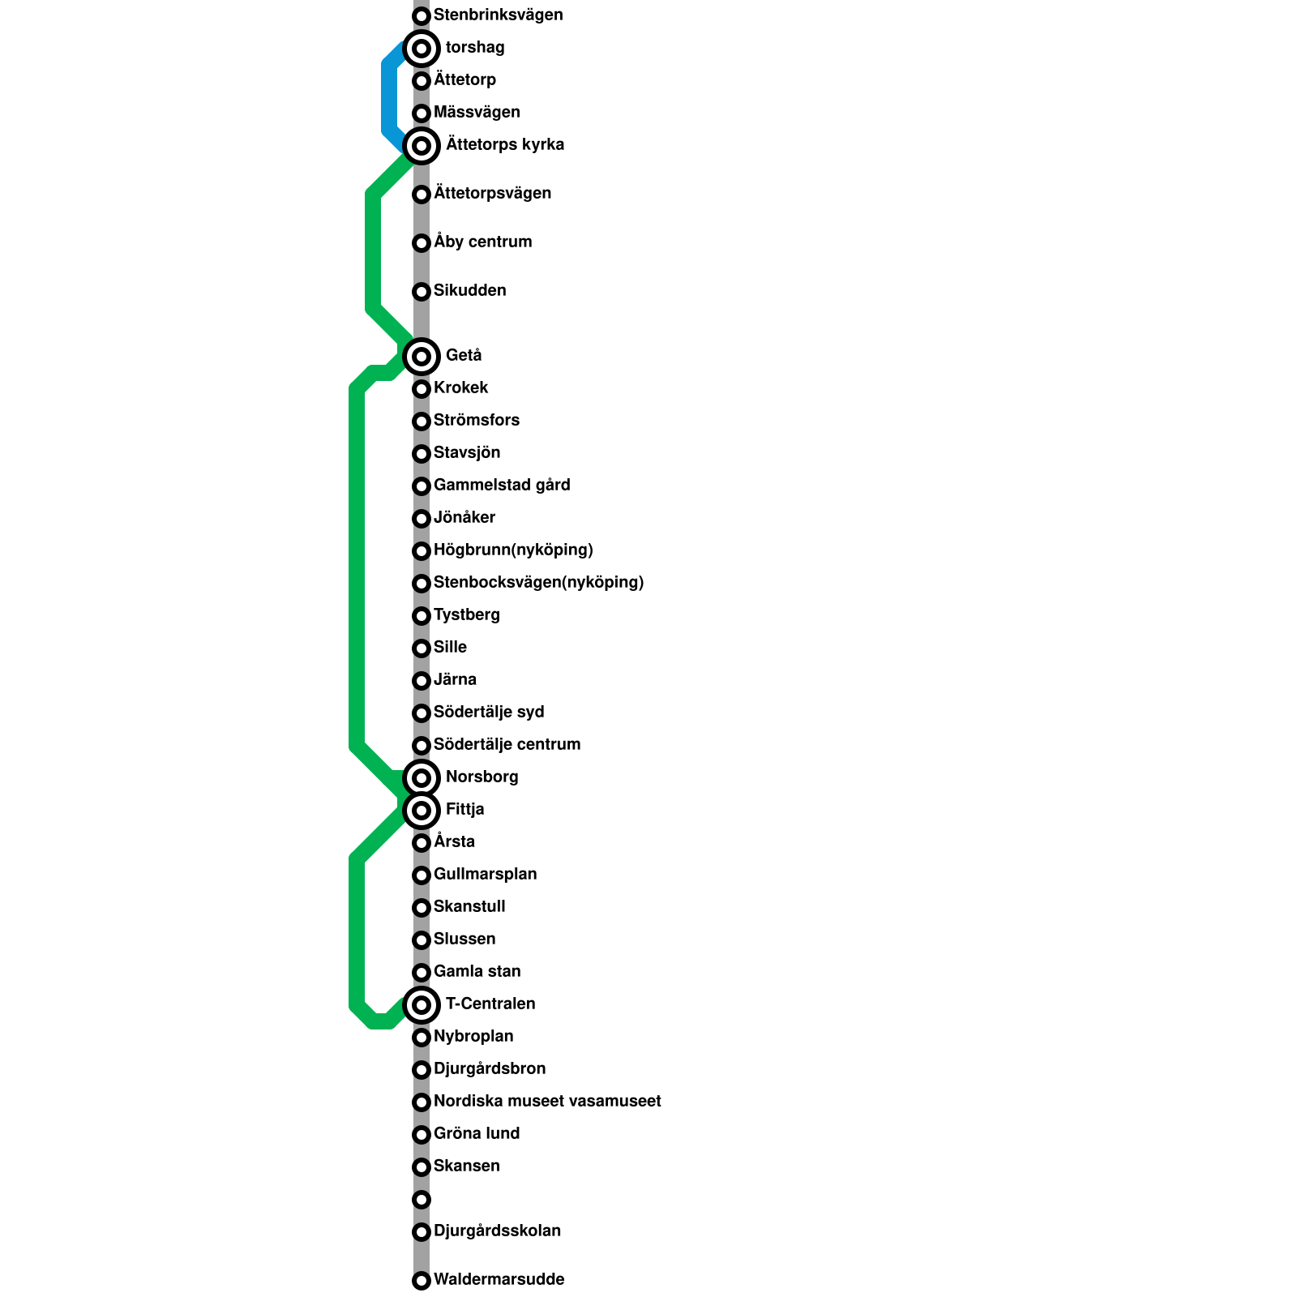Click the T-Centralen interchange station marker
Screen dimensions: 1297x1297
point(421,1005)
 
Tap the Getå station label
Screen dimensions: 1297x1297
point(464,356)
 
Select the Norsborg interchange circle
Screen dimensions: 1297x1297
point(421,778)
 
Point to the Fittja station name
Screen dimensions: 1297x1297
point(464,810)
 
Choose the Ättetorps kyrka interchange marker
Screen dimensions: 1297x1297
point(421,146)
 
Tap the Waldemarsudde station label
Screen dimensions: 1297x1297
point(499,1280)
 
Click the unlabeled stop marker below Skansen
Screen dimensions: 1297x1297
point(421,1200)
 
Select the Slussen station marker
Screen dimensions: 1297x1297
point(421,940)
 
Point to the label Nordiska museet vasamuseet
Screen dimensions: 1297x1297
point(547,1102)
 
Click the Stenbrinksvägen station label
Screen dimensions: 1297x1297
point(498,15)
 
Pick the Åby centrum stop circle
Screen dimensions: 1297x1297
point(421,243)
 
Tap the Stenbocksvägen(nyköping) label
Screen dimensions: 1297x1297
point(538,583)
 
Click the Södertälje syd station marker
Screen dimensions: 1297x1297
point(421,713)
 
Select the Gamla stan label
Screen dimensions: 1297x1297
point(477,972)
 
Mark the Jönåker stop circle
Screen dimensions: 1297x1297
point(421,519)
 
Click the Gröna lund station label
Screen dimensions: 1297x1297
point(477,1134)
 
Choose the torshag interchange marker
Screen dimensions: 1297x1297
point(421,49)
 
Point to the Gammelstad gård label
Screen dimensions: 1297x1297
point(502,486)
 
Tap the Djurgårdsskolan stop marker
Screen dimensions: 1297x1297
point(421,1232)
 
